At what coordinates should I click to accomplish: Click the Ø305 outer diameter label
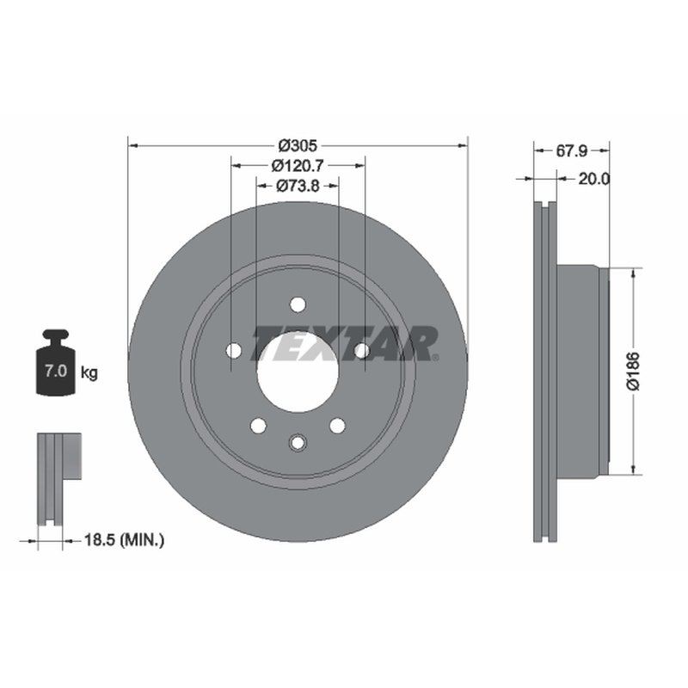298,144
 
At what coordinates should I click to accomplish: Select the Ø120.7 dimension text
298,165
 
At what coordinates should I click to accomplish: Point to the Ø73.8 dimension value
298,186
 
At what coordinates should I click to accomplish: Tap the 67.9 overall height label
571,151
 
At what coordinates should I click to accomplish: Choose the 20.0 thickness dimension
593,179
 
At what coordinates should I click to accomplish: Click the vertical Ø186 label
634,371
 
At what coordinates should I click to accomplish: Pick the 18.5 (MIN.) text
124,540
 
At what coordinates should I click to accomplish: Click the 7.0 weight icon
56,363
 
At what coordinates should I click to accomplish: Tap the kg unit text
89,373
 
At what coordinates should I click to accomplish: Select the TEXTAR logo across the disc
345,343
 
